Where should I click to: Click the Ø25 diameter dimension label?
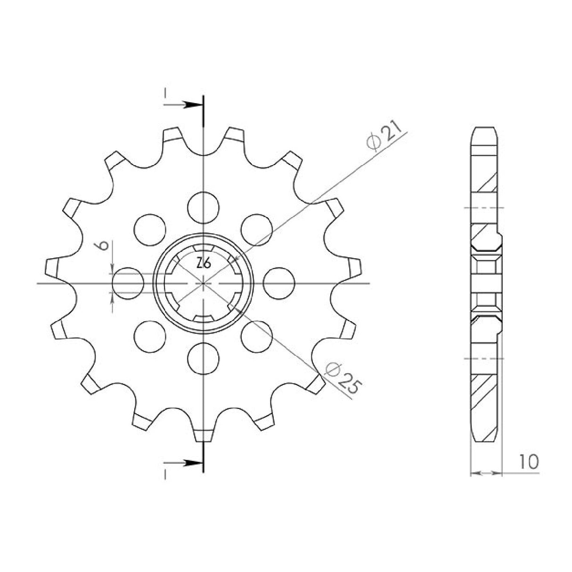pos(343,380)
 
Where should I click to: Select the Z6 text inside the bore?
pos(204,263)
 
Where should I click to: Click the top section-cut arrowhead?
pos(192,105)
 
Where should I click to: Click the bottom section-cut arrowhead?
pos(192,471)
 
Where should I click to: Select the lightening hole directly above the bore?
pos(204,207)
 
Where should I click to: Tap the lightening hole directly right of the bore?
pos(279,284)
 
